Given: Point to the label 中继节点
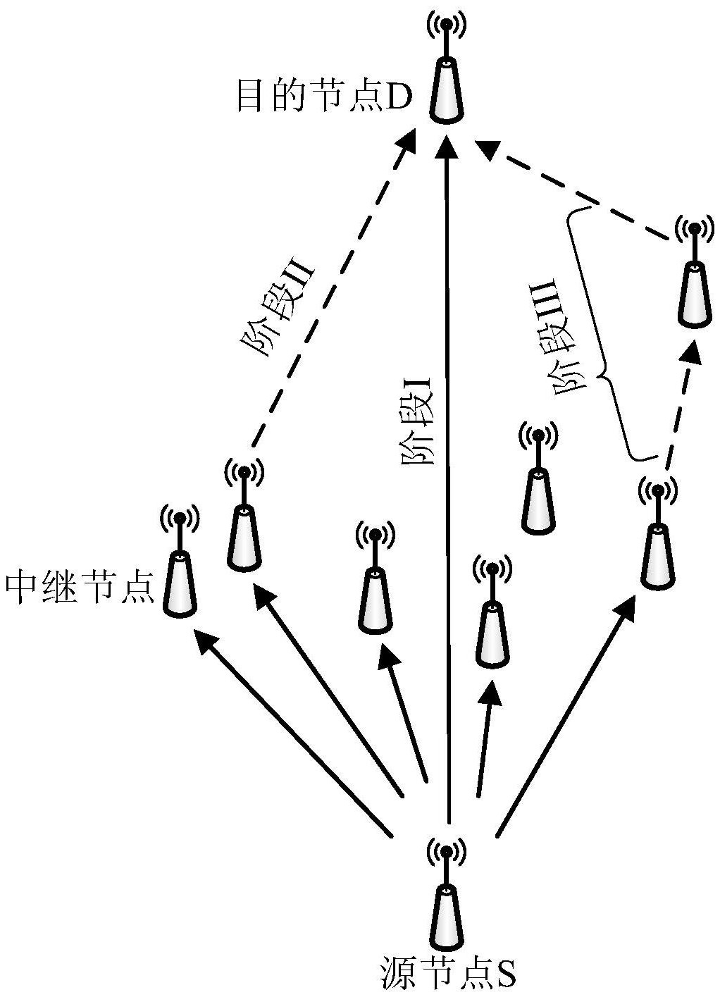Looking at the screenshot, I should [79, 586].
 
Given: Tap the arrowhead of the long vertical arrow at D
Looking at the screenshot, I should [446, 148].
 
